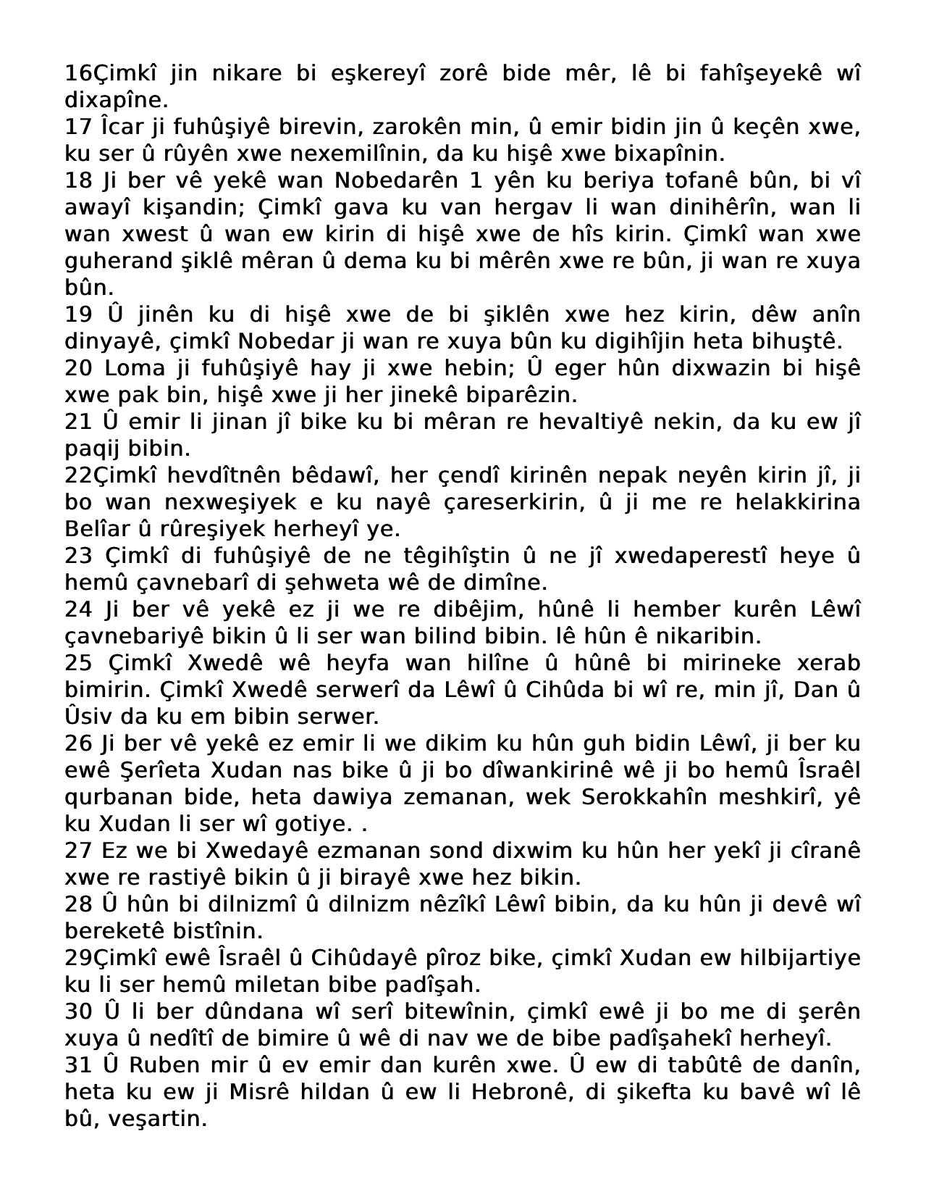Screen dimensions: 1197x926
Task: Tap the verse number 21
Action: [x=77, y=422]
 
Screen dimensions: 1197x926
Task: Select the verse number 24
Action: [x=77, y=609]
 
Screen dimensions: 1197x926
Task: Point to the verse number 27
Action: [x=77, y=851]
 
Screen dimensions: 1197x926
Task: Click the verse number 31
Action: [x=77, y=1065]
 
